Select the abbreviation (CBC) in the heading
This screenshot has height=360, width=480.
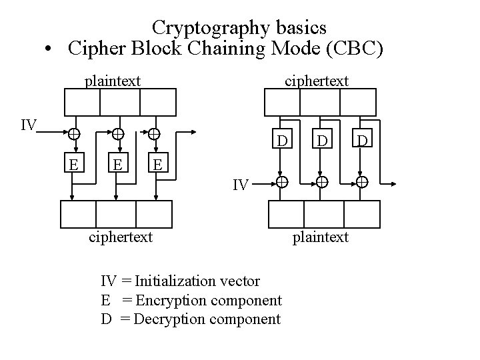tap(354, 49)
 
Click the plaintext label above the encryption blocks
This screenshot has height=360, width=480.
tap(112, 81)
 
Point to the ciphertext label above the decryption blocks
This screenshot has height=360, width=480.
tap(316, 81)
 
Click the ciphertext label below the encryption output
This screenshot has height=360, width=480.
tap(121, 237)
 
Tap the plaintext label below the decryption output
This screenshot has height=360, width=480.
tap(321, 237)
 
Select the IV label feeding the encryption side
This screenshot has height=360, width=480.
tap(29, 125)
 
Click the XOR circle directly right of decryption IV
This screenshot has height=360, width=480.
tap(283, 182)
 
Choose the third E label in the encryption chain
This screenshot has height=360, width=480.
tap(157, 163)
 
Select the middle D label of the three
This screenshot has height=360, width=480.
tap(322, 141)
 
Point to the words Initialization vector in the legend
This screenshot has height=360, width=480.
tap(197, 281)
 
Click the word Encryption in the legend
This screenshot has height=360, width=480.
tap(171, 300)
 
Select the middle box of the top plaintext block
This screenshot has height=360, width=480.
tap(119, 102)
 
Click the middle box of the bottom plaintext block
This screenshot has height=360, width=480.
tap(323, 214)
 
